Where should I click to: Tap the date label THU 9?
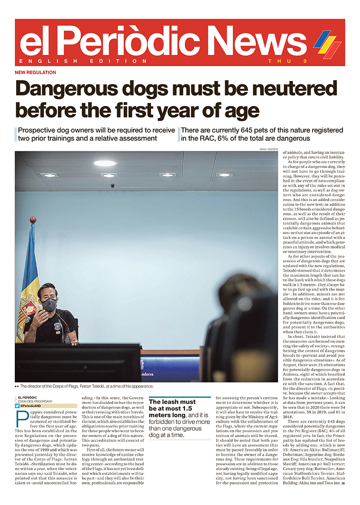coord(288,61)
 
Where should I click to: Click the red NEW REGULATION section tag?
coord(35,73)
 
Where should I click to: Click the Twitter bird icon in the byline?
coord(17,406)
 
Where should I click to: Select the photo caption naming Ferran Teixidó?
coord(87,386)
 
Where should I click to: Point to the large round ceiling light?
coord(104,163)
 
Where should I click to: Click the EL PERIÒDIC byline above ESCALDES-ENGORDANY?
coord(27,397)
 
